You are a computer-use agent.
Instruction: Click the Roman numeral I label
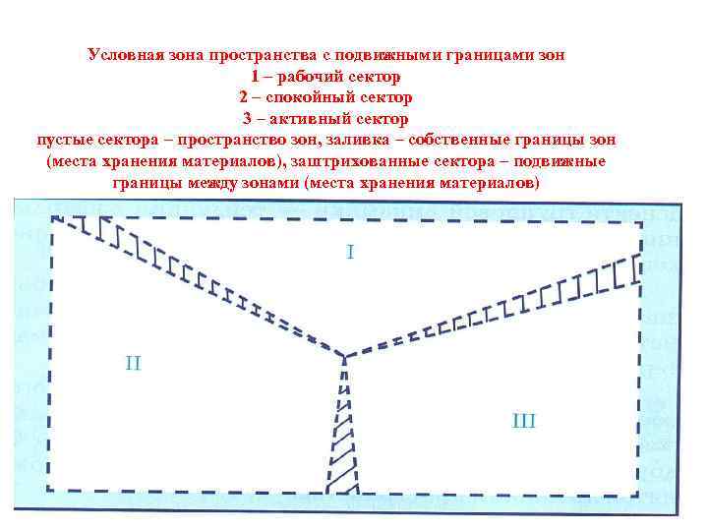(350, 253)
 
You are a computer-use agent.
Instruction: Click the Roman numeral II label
(133, 363)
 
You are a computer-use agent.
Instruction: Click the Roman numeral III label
(524, 421)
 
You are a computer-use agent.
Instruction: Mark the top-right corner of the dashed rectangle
(640, 223)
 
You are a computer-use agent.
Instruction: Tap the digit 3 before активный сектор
(247, 120)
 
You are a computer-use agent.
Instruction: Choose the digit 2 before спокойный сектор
(242, 98)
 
